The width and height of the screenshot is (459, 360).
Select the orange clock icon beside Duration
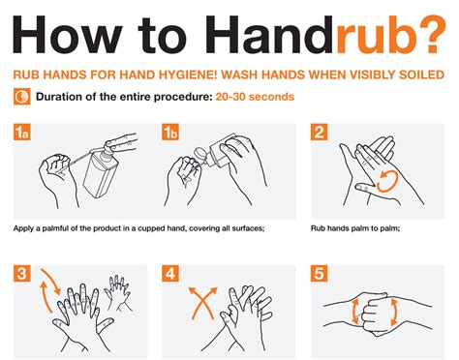(x=21, y=96)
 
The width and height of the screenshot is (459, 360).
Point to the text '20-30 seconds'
(x=253, y=97)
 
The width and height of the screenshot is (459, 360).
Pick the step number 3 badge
(x=23, y=275)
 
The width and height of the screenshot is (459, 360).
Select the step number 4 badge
(x=171, y=275)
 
